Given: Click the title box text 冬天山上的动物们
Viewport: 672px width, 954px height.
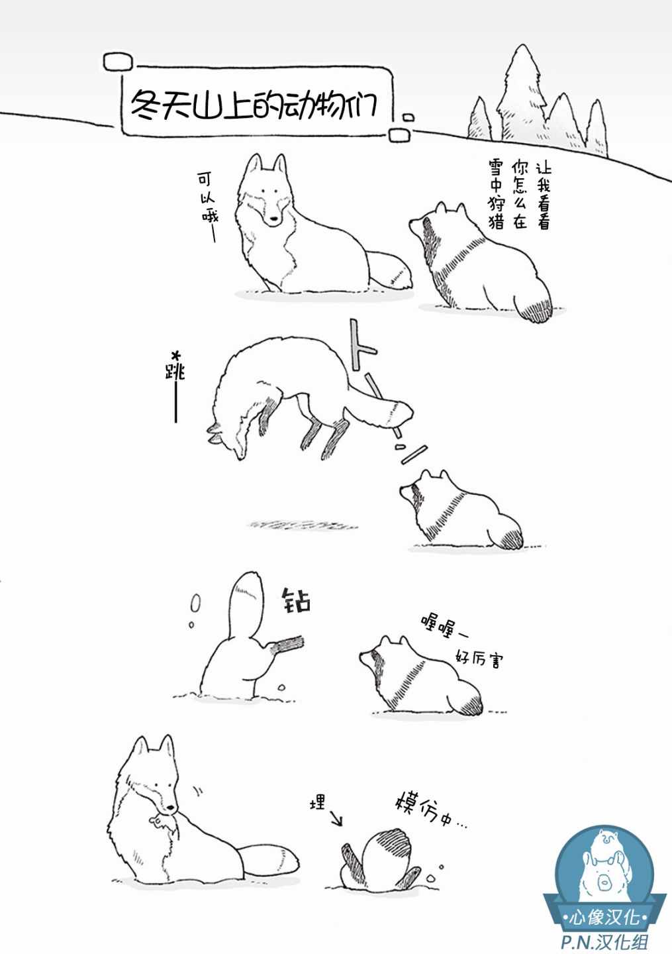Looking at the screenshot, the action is click(254, 105).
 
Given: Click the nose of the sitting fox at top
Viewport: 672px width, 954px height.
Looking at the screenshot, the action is click(273, 220).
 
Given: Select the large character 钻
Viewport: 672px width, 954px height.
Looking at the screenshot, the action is click(296, 600).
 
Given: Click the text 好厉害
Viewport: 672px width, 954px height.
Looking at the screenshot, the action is click(479, 659).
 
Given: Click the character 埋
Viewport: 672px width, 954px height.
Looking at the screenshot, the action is click(318, 802).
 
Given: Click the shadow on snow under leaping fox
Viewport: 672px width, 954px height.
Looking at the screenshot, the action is click(302, 524).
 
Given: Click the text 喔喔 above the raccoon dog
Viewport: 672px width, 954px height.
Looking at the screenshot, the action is click(438, 627).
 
